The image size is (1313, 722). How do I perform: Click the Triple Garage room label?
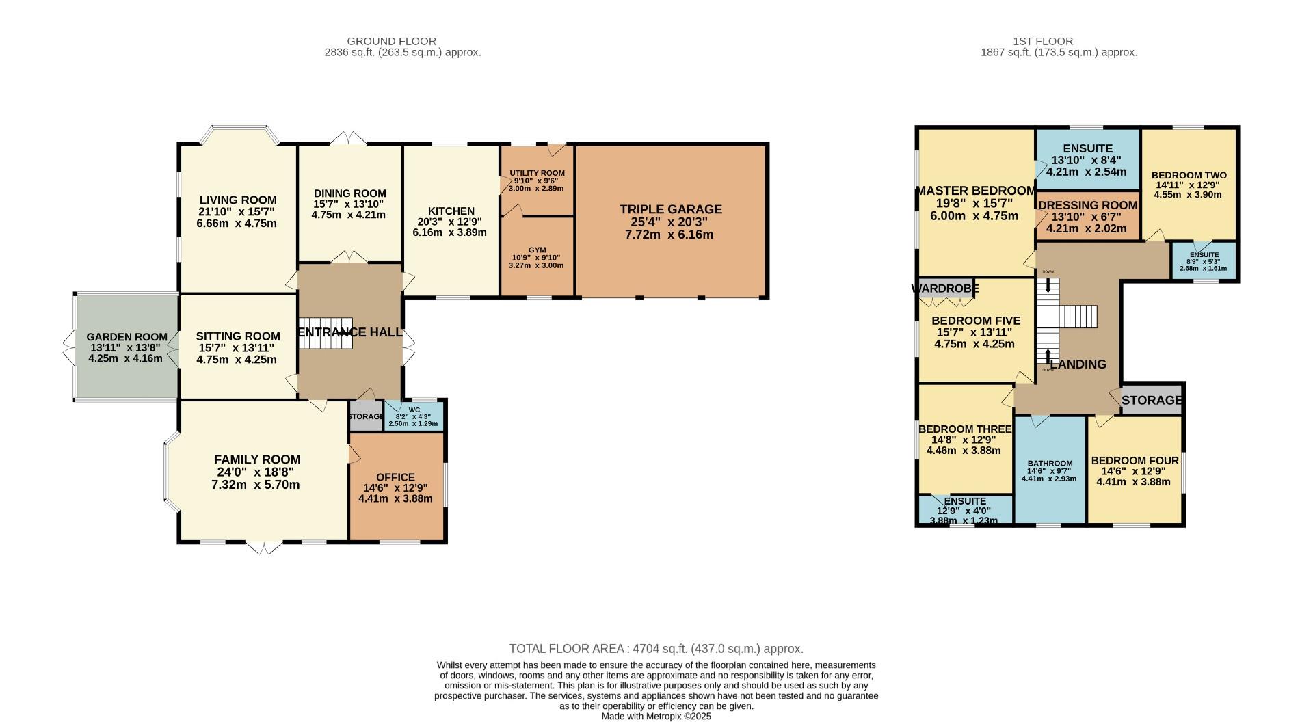670,209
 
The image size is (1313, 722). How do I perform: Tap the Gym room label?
537,250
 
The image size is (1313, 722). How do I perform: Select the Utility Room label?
537,173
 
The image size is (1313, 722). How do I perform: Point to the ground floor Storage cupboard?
365,417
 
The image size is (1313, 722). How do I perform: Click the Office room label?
395,477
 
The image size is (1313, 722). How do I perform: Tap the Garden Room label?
127,337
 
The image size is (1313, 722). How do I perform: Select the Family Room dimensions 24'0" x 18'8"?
256,472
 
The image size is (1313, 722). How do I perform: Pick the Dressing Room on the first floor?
1087,206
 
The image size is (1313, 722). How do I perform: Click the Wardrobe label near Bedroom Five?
945,289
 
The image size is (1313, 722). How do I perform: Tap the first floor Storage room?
1152,400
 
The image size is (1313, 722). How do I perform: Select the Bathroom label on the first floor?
1049,464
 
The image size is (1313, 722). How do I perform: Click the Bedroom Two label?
1189,175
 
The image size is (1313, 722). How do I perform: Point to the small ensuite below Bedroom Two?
1204,261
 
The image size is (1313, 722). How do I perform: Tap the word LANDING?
1078,364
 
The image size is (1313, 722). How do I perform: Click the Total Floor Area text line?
656,649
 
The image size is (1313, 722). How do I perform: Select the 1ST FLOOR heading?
1043,41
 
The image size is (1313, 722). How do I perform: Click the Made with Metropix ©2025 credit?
656,717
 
